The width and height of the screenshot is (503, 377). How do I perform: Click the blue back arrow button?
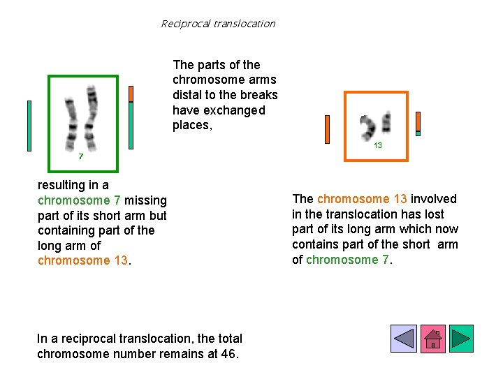[404, 339]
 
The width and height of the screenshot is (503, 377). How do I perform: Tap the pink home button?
[432, 339]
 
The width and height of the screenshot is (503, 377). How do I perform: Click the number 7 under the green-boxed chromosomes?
[81, 156]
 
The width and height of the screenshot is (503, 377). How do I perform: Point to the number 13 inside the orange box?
[377, 145]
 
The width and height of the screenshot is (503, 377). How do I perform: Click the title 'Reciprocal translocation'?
[218, 24]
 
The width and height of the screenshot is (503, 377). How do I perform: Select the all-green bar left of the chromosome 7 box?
[29, 126]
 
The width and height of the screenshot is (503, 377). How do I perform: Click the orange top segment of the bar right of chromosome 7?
[131, 94]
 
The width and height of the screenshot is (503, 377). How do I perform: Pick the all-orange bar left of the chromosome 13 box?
[327, 129]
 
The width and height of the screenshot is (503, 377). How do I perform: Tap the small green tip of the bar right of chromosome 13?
[418, 133]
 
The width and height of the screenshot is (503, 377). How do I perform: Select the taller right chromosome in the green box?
[89, 117]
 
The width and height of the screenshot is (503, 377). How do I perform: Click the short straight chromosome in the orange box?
[386, 123]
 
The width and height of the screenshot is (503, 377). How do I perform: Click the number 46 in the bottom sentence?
[228, 353]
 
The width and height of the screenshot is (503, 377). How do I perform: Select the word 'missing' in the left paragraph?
[146, 200]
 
